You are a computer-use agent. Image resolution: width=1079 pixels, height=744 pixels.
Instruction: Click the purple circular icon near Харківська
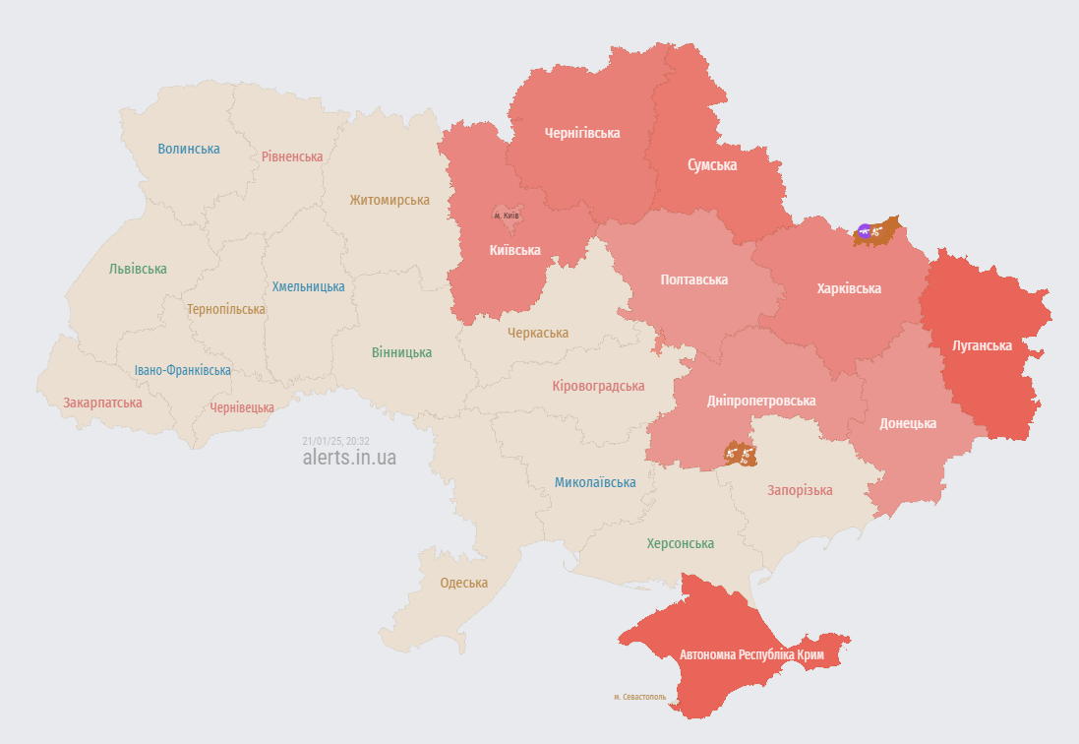[864, 231]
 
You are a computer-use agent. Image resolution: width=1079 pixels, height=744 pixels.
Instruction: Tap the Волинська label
[189, 149]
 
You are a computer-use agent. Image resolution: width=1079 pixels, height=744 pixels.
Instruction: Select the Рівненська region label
[292, 156]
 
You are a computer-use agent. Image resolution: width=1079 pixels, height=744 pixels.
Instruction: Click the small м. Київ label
[507, 216]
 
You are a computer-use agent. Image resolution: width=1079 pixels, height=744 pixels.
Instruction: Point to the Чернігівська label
[582, 133]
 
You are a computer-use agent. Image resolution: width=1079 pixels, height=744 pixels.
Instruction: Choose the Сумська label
[712, 164]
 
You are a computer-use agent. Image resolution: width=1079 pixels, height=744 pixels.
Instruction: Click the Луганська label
[983, 345]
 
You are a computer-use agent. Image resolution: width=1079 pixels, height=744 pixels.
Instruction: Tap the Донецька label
[908, 423]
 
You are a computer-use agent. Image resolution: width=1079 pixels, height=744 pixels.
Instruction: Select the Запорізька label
[800, 490]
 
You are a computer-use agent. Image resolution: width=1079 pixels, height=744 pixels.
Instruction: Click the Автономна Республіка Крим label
[751, 654]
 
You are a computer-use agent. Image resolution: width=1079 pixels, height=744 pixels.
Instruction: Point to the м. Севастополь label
[639, 697]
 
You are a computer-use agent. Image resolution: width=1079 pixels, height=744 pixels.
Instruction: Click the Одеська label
[464, 583]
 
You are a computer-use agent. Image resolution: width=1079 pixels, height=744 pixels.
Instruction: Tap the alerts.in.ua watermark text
[350, 458]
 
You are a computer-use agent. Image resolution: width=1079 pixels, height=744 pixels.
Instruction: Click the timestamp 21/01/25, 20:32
[336, 441]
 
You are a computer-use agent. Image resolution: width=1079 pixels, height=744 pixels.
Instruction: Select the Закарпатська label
[102, 403]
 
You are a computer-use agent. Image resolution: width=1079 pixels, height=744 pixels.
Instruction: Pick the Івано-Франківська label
[183, 370]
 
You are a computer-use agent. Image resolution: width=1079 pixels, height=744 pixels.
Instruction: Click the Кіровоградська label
[598, 386]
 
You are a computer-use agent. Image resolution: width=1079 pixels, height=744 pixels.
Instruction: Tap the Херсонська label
[681, 543]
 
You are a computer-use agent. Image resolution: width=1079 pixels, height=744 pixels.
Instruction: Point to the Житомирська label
[390, 200]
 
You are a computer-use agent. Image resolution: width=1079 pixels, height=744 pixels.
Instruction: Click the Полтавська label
[694, 279]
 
